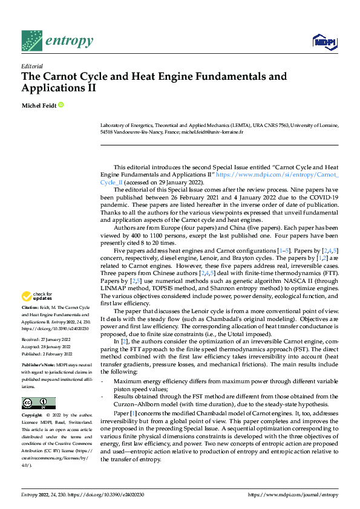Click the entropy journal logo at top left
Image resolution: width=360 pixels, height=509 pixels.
pos(57,41)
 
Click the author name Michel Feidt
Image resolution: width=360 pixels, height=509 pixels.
pos(39,105)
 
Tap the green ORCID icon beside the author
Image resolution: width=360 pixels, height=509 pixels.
pos(61,105)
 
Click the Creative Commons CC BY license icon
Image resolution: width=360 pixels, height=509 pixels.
pos(38,403)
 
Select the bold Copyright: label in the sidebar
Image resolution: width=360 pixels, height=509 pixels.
pos(33,416)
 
